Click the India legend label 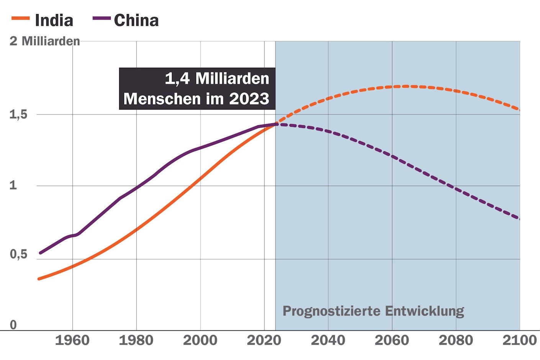(x=54, y=20)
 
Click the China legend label (x=136, y=20)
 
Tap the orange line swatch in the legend (x=21, y=18)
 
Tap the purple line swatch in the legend (x=101, y=18)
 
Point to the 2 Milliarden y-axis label (x=44, y=41)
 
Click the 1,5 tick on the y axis (x=18, y=114)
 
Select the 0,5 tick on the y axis (x=18, y=254)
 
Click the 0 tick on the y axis (x=13, y=325)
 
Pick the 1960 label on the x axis (x=72, y=340)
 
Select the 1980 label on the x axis (x=136, y=340)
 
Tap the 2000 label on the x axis (x=200, y=340)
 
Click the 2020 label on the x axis (x=264, y=340)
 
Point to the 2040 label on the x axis (x=328, y=340)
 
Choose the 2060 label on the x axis (x=392, y=340)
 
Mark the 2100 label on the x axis (x=519, y=340)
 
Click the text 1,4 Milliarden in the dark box (x=217, y=79)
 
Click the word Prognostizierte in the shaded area (x=332, y=311)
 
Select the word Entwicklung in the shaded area (x=424, y=311)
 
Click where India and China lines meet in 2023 (x=276, y=124)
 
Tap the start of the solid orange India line (x=39, y=279)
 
